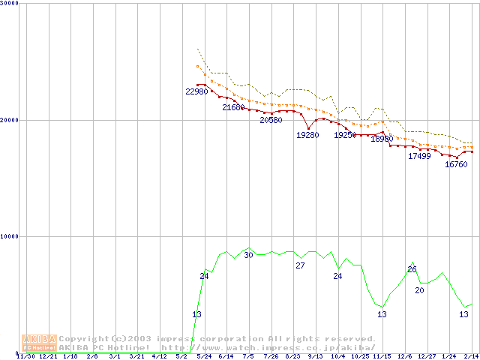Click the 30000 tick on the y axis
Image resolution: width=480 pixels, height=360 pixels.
point(10,4)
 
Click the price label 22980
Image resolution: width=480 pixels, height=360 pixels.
point(196,91)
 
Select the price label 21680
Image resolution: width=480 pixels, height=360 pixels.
point(233,108)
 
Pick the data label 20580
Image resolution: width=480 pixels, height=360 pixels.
point(271,120)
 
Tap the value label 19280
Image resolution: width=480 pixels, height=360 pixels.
point(307,135)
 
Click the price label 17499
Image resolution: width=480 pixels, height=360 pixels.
point(419,156)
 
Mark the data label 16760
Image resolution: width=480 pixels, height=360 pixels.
point(456,164)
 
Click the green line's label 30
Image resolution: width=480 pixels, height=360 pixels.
point(248,256)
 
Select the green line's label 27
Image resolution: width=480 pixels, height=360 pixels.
point(300,265)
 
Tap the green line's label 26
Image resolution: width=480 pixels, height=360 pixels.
point(412,269)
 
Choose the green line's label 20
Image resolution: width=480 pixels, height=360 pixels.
point(419,290)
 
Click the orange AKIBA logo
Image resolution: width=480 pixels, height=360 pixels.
point(39,342)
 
